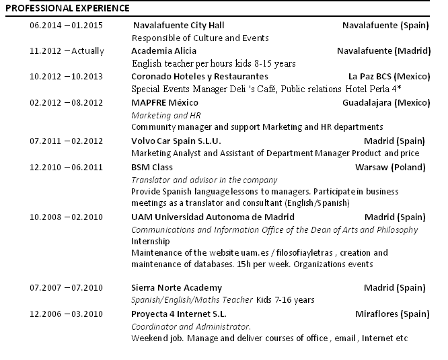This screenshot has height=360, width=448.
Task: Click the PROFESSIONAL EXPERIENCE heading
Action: [x=67, y=9]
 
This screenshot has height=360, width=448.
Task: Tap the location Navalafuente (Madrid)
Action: [x=381, y=51]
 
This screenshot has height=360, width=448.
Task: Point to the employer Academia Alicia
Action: [x=163, y=51]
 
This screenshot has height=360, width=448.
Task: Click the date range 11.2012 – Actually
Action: [x=67, y=51]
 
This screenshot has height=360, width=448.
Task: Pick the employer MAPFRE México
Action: [x=165, y=102]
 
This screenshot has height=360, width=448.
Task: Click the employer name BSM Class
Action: [x=152, y=167]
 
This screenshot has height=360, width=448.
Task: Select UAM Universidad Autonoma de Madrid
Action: [x=212, y=217]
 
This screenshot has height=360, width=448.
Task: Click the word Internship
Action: [x=151, y=242]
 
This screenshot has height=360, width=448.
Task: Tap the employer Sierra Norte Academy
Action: [x=176, y=288]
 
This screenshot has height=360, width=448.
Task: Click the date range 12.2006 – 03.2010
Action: [x=66, y=314]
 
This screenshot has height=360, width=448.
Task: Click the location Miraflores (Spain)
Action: [x=391, y=314]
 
